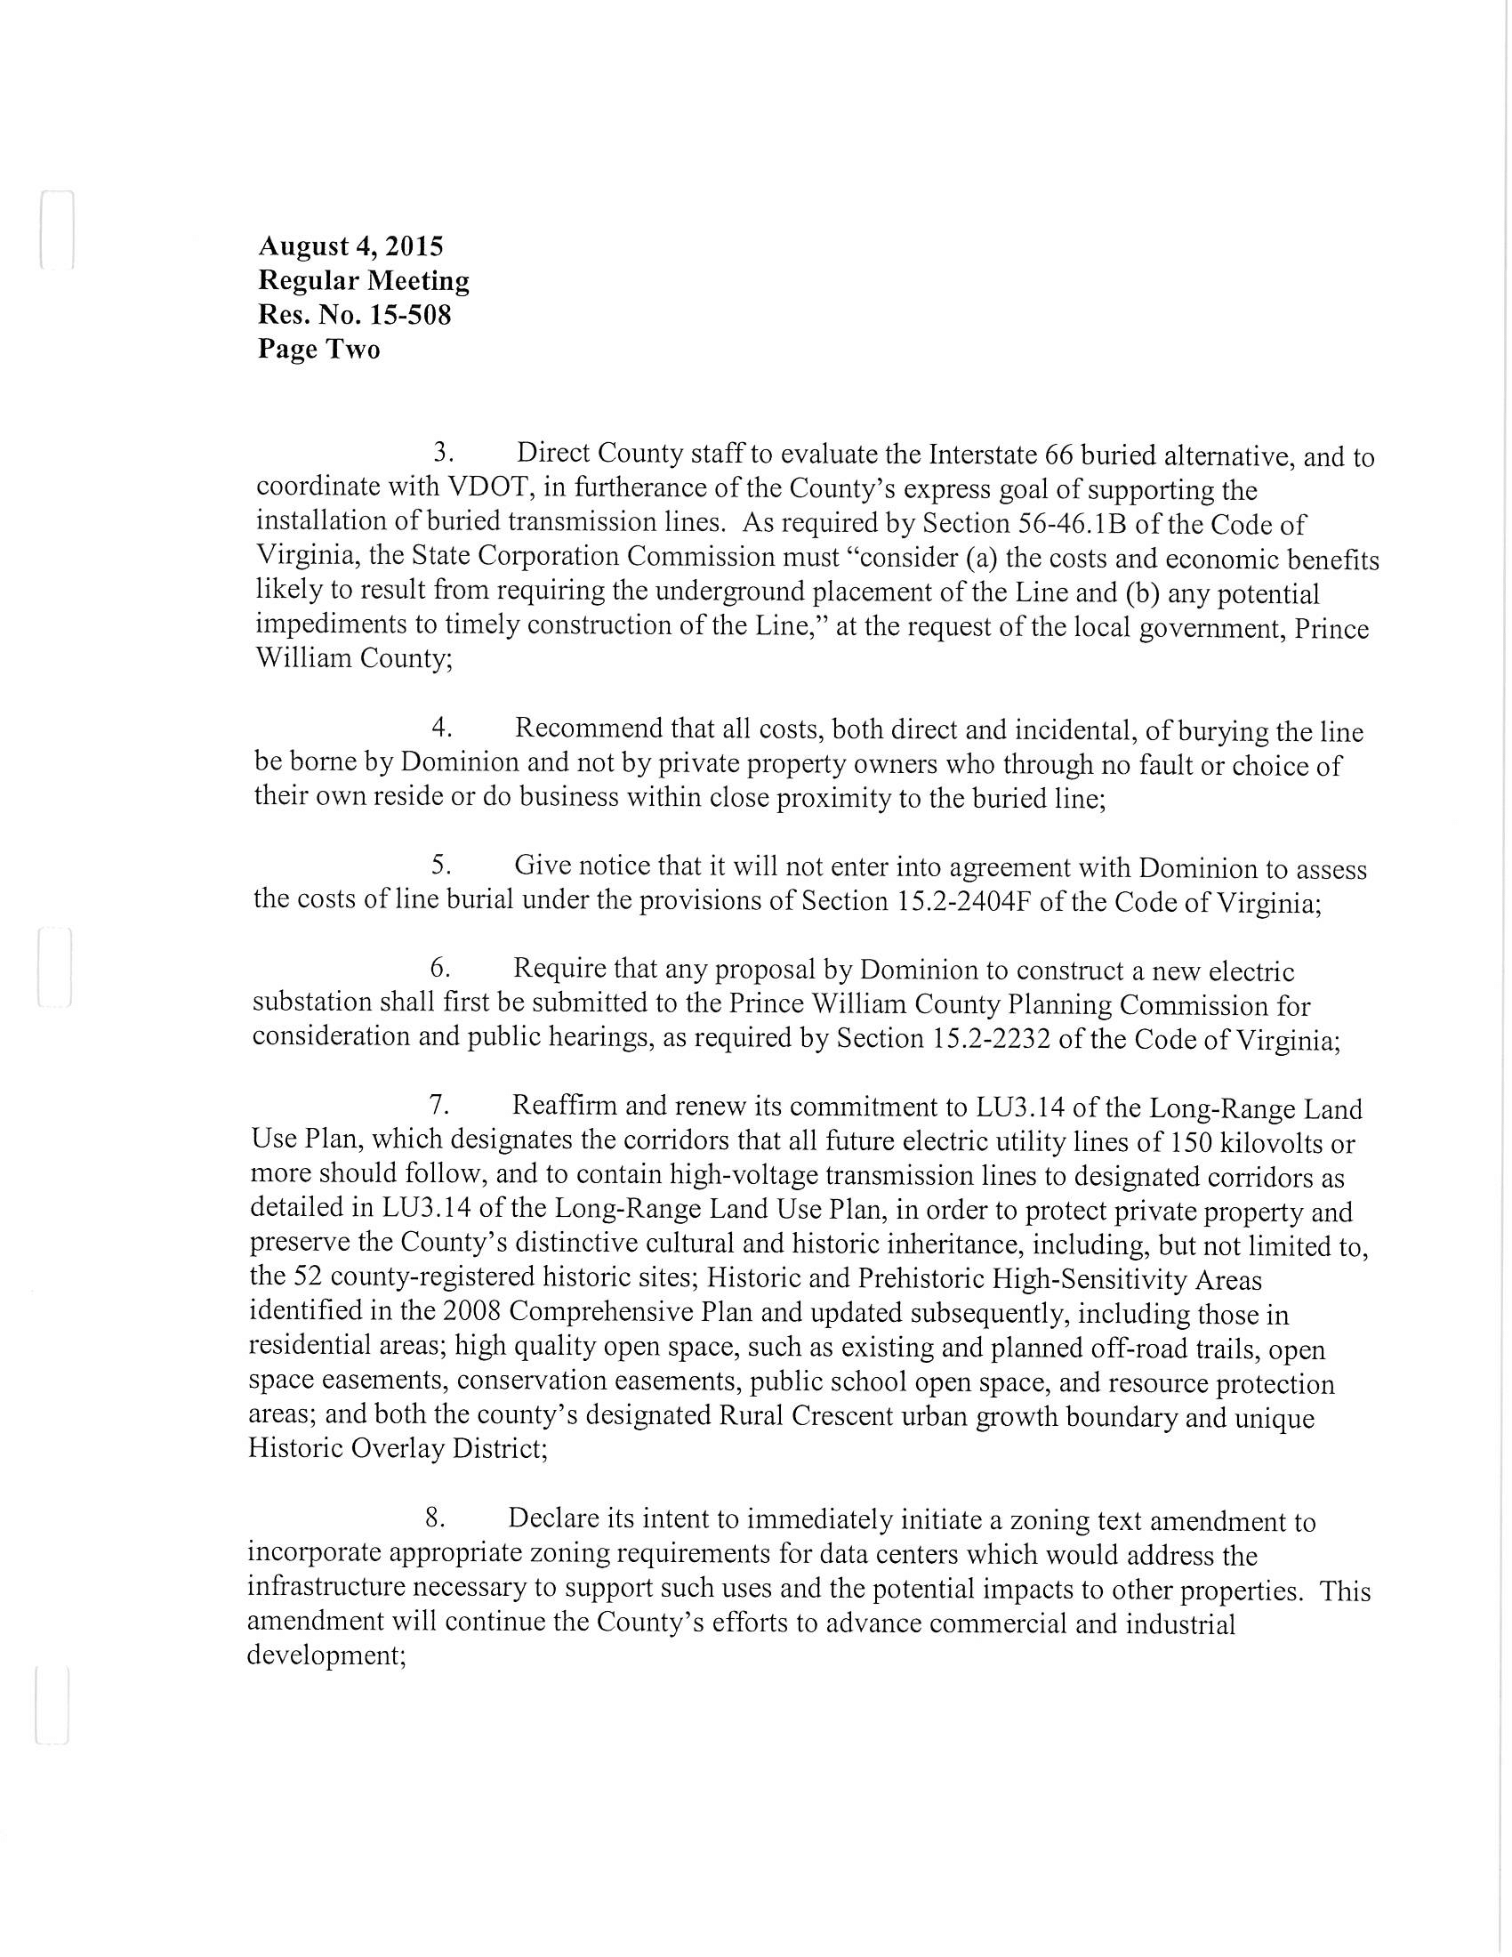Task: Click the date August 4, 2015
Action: click(350, 246)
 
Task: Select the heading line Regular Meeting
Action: click(364, 281)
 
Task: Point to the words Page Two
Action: click(319, 349)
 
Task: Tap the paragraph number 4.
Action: click(440, 727)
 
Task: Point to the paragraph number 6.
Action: click(438, 968)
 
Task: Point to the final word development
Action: click(326, 1655)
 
